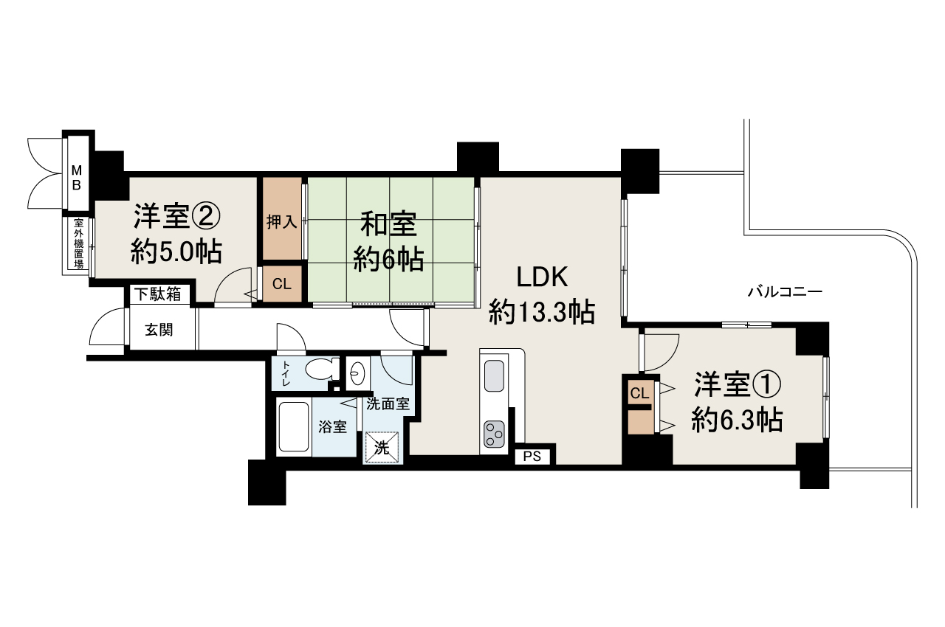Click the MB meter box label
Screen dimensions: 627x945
tap(76, 177)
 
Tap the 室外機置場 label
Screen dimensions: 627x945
tap(78, 243)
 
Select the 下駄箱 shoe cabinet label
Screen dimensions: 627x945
tap(157, 294)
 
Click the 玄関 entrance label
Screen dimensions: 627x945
tap(159, 329)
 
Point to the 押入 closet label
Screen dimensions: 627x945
tap(281, 221)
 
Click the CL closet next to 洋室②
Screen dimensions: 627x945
tap(281, 284)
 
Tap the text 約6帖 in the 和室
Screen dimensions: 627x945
tap(388, 258)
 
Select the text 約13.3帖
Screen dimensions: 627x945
tap(542, 313)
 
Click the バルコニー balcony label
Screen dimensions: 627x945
tap(784, 291)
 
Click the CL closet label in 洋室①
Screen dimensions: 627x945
tap(639, 393)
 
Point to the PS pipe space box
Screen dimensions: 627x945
tap(532, 457)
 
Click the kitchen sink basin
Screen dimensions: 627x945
tap(493, 377)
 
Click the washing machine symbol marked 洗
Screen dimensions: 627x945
tap(382, 446)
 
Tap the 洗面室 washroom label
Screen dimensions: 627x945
tap(388, 404)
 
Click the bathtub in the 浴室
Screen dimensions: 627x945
tap(295, 427)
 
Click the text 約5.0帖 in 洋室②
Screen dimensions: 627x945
tap(176, 252)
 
